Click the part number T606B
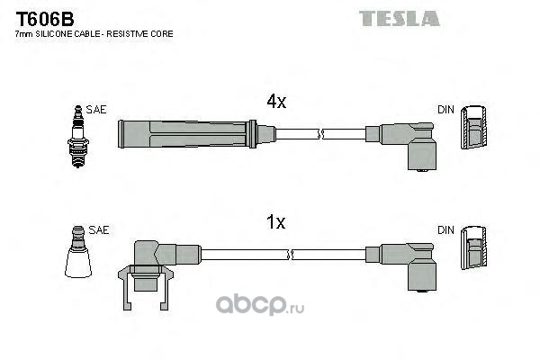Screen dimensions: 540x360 (45, 19)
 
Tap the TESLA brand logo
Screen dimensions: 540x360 (399, 18)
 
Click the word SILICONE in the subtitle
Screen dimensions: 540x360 (54, 34)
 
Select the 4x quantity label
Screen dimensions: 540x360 (276, 102)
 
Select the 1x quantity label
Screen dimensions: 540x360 (276, 222)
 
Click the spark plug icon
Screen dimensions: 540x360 (78, 137)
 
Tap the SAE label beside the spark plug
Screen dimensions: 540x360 (96, 110)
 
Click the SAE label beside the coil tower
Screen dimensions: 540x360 (99, 230)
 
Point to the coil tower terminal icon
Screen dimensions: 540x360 (78, 251)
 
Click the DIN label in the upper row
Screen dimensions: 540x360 (446, 110)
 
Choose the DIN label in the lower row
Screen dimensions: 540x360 (446, 230)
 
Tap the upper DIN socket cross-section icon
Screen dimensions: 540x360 (474, 127)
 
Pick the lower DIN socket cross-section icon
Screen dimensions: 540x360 (474, 247)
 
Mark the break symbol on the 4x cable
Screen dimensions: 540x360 (320, 134)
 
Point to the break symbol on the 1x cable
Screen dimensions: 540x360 (290, 255)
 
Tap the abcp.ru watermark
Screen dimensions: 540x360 (260, 305)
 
